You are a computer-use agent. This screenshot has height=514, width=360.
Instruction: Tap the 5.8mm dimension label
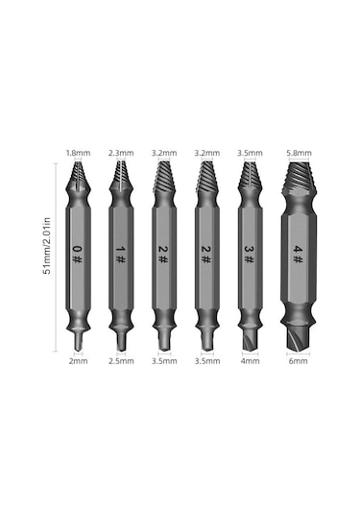pos(298,153)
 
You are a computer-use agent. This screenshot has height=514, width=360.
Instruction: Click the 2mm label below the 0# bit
pos(77,362)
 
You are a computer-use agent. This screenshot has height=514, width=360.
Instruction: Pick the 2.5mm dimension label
pos(119,362)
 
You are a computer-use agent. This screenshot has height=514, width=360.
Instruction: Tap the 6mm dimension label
pos(298,362)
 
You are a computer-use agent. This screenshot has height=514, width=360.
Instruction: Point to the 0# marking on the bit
pos(77,255)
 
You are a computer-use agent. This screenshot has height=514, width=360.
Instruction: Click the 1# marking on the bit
pos(119,255)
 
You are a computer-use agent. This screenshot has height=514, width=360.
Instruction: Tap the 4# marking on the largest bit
pos(298,255)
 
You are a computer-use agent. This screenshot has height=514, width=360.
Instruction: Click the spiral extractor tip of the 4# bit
pos(298,181)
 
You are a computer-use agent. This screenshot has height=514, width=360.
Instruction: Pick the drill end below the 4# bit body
pos(298,336)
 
